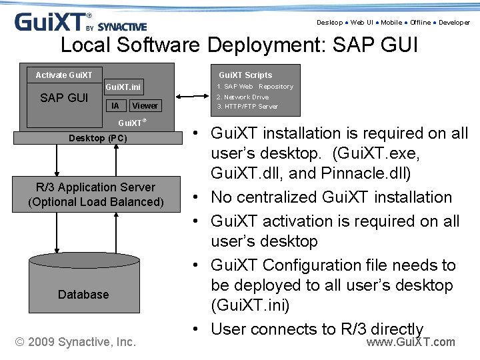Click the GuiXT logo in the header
click(x=80, y=22)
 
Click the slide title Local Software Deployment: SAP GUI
click(x=239, y=45)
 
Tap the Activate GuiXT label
click(x=64, y=75)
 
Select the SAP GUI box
click(x=64, y=98)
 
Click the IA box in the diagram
click(x=116, y=105)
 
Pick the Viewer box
click(x=145, y=105)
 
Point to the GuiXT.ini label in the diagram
click(x=123, y=87)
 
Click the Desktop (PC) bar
click(x=97, y=138)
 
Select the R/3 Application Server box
click(x=96, y=195)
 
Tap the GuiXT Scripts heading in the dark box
click(x=245, y=75)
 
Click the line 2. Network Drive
click(x=243, y=97)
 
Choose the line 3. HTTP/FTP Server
click(x=247, y=106)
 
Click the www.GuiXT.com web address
click(x=411, y=342)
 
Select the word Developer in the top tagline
click(x=454, y=23)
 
